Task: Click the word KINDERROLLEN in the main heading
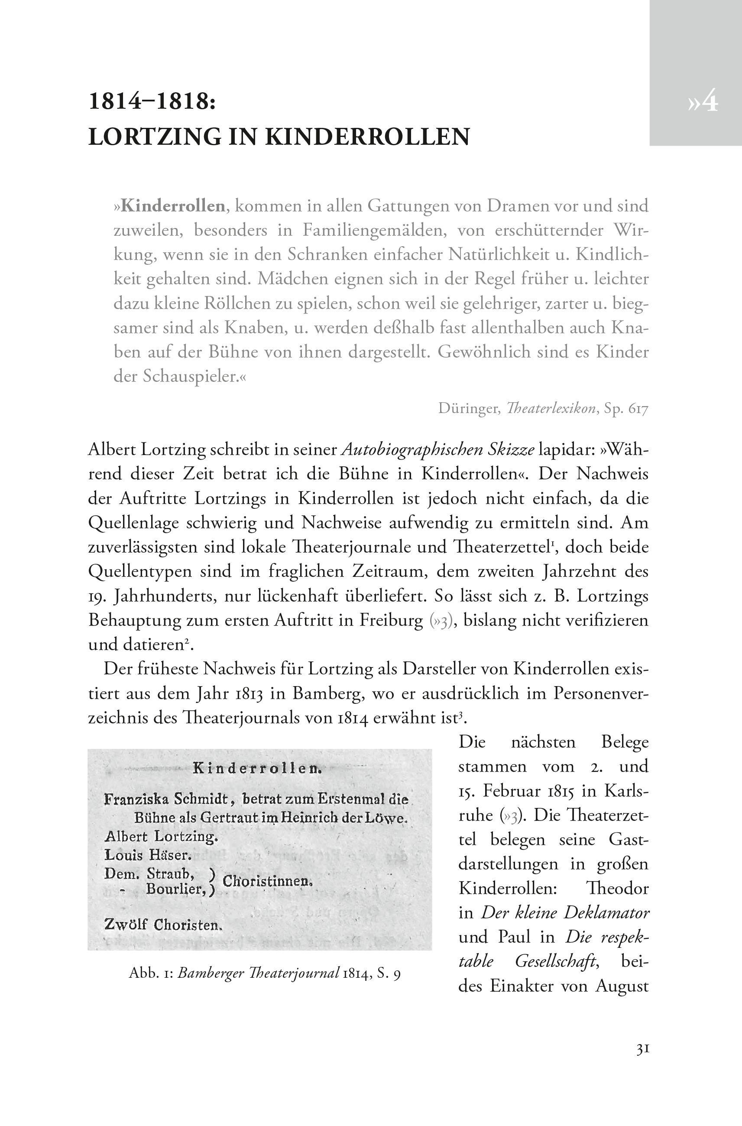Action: pyautogui.click(x=366, y=137)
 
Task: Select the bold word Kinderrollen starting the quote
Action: pyautogui.click(x=173, y=206)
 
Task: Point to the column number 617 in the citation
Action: pyautogui.click(x=638, y=409)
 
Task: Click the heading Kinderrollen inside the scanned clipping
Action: pyautogui.click(x=258, y=768)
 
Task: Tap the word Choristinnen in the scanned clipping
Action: pyautogui.click(x=267, y=881)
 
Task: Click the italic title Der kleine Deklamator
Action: pyautogui.click(x=566, y=912)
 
